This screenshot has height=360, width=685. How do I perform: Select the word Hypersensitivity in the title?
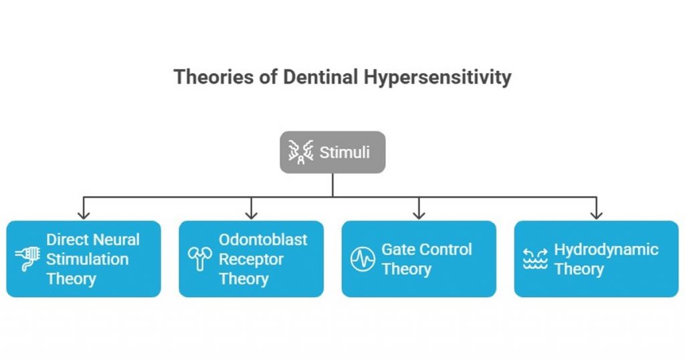click(437, 77)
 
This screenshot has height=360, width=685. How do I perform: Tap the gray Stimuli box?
click(332, 153)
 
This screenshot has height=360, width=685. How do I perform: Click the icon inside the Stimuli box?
click(301, 153)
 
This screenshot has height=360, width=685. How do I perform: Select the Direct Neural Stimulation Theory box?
click(84, 259)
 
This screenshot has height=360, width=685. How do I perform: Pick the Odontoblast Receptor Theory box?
click(251, 259)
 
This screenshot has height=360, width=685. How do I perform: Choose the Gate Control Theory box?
click(419, 259)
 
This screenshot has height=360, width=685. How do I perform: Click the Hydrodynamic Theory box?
click(596, 259)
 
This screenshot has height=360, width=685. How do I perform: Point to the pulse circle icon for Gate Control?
click(363, 260)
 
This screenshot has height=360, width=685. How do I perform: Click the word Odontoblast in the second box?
click(263, 240)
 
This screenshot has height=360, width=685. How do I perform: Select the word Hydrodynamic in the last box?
click(606, 250)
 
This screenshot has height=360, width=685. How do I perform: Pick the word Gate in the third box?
click(397, 250)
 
